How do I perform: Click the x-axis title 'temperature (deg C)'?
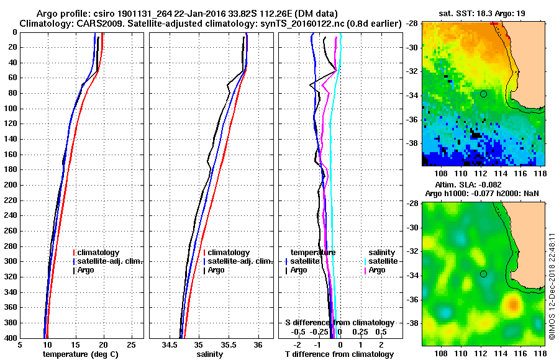pos(81,354)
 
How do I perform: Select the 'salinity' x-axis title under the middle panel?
pos(211,354)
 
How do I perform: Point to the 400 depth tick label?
pos(11,338)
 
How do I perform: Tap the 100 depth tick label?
pos(11,109)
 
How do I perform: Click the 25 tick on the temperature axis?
pos(131,344)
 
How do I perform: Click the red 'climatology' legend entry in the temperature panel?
pos(99,253)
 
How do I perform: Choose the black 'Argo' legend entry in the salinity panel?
pos(216,270)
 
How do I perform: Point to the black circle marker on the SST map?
pos(483,94)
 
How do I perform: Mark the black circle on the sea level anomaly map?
pos(483,274)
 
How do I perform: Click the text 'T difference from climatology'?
pos(339,354)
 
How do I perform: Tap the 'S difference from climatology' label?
pos(339,323)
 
